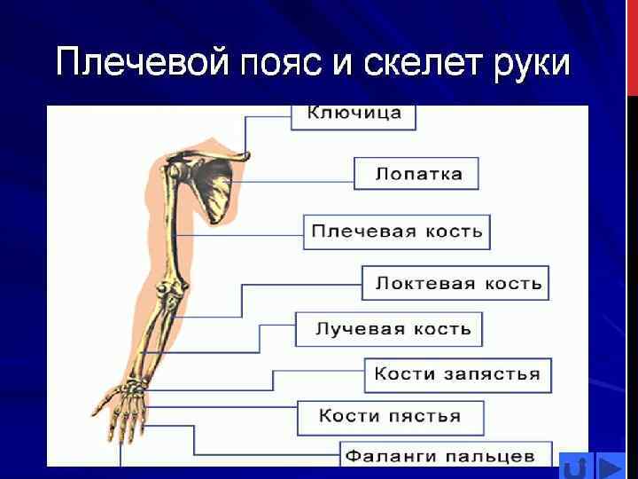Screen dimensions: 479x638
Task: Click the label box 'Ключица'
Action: click(x=354, y=114)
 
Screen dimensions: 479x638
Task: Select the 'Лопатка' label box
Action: click(x=416, y=173)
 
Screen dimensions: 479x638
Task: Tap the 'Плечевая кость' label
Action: click(x=396, y=232)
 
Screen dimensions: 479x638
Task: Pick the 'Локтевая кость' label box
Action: click(x=455, y=283)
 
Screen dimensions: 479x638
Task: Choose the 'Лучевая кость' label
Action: click(x=389, y=329)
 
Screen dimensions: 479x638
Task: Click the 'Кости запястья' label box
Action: click(x=457, y=373)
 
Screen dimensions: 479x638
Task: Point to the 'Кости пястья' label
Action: click(x=391, y=416)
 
